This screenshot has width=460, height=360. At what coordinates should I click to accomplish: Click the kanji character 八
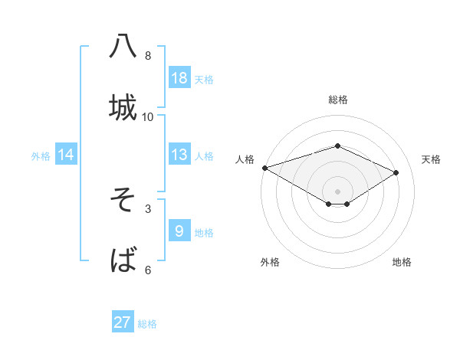click(123, 47)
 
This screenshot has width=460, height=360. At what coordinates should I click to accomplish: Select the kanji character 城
click(123, 107)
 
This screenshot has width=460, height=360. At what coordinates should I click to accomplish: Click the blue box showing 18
click(179, 78)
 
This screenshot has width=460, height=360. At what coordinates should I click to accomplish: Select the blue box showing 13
click(179, 155)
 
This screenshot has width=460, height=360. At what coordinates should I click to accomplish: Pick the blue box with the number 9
click(179, 231)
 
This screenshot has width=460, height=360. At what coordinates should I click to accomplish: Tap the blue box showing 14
click(66, 155)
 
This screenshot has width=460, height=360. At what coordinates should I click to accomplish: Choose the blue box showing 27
click(123, 322)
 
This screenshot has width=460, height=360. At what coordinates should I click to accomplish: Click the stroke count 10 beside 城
click(148, 116)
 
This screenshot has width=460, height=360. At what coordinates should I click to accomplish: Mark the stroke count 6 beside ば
click(148, 270)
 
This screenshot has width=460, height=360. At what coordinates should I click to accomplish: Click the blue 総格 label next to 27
click(147, 324)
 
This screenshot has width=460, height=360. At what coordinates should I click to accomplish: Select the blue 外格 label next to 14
click(41, 155)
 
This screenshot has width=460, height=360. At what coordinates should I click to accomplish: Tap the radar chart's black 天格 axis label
click(431, 159)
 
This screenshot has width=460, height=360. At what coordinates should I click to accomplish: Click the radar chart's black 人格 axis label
click(245, 159)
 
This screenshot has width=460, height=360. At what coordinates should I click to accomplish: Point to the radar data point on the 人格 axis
click(264, 168)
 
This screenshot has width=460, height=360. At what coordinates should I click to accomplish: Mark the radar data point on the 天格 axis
click(396, 172)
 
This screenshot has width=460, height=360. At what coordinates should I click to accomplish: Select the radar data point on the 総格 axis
click(337, 146)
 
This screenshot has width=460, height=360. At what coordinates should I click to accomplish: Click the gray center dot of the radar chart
click(337, 191)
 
